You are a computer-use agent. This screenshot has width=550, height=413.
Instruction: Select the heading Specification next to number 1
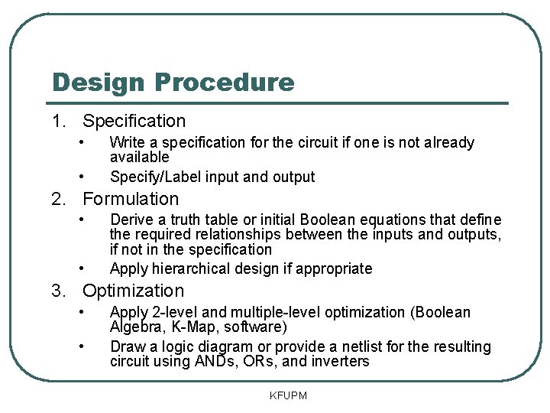pyautogui.click(x=134, y=121)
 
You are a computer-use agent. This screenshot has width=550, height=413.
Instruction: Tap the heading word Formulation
pyautogui.click(x=131, y=199)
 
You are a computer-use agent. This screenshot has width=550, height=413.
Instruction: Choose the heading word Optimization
pyautogui.click(x=134, y=291)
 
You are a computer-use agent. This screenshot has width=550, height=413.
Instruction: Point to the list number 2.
pyautogui.click(x=58, y=199)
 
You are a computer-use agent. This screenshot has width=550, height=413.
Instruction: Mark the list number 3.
pyautogui.click(x=58, y=291)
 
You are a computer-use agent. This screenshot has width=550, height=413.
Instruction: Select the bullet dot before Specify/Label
pyautogui.click(x=82, y=177)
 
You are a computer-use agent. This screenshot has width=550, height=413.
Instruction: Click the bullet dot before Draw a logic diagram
pyautogui.click(x=82, y=346)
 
